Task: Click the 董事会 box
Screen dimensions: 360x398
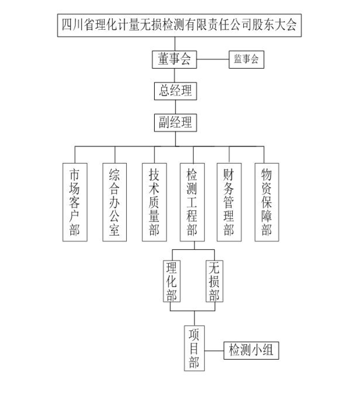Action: pyautogui.click(x=174, y=59)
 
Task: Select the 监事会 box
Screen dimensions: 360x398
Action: pyautogui.click(x=246, y=59)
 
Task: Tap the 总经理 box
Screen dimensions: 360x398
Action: pyautogui.click(x=176, y=91)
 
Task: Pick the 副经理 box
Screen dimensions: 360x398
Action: pyautogui.click(x=176, y=123)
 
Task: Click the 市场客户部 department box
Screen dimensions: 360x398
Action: pyautogui.click(x=75, y=202)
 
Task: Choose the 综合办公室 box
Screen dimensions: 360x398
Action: pyautogui.click(x=115, y=202)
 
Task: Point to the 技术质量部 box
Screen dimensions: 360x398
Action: pyautogui.click(x=154, y=202)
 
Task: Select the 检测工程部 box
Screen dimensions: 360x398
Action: pyautogui.click(x=192, y=202)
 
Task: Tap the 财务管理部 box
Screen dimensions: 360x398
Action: pyautogui.click(x=229, y=202)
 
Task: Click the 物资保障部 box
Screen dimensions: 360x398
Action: pyautogui.click(x=267, y=202)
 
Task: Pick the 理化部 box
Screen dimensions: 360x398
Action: pyautogui.click(x=172, y=281)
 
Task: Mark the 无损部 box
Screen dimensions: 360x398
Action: pyautogui.click(x=215, y=281)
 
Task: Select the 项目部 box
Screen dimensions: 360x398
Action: pyautogui.click(x=194, y=348)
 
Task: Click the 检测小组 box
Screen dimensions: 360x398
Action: pyautogui.click(x=251, y=351)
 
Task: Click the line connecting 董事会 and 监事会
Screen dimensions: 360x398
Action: pyautogui.click(x=213, y=59)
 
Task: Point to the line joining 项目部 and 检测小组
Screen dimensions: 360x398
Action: pyautogui.click(x=214, y=351)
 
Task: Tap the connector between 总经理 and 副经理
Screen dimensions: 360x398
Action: pyautogui.click(x=176, y=107)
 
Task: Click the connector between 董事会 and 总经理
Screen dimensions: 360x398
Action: pyautogui.click(x=174, y=75)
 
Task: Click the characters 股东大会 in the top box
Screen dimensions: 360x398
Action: pyautogui.click(x=274, y=25)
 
